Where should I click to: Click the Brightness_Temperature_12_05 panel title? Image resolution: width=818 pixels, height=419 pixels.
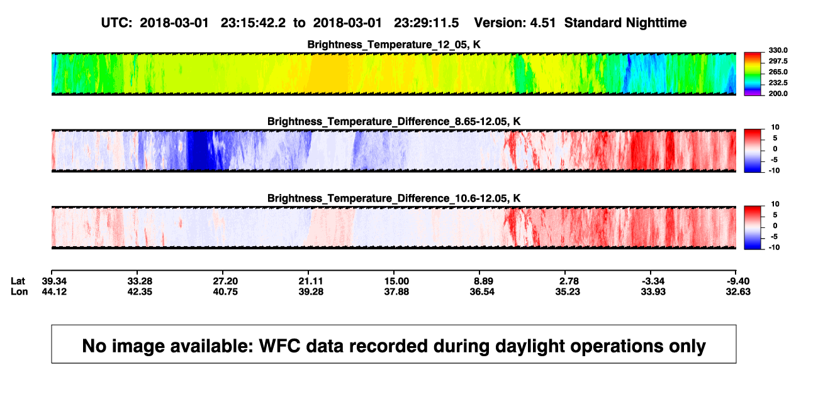394,45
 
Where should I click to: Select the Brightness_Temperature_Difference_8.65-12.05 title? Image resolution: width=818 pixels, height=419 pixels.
394,121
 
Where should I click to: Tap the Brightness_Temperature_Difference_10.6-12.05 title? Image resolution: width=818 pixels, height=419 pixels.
394,199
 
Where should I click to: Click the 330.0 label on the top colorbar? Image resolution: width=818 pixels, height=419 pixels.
778,50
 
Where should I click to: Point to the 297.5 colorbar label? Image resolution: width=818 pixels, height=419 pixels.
778,61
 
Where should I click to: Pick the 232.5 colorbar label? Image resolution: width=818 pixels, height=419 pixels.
778,83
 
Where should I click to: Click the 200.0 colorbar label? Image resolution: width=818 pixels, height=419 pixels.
778,94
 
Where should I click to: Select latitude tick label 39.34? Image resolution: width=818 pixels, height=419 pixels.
54,281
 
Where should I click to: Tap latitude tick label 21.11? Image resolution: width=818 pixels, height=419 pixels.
311,281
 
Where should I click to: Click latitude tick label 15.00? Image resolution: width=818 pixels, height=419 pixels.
396,281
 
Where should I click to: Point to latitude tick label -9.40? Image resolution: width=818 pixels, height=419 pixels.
737,281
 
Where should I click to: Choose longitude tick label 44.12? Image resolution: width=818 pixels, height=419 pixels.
54,291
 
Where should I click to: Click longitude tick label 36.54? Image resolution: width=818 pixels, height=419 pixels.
482,291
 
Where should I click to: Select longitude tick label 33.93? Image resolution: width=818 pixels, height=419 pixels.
653,291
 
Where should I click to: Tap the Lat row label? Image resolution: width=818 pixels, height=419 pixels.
18,281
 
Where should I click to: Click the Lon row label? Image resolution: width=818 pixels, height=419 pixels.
20,291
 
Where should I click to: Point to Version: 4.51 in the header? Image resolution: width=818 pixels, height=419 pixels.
515,23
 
